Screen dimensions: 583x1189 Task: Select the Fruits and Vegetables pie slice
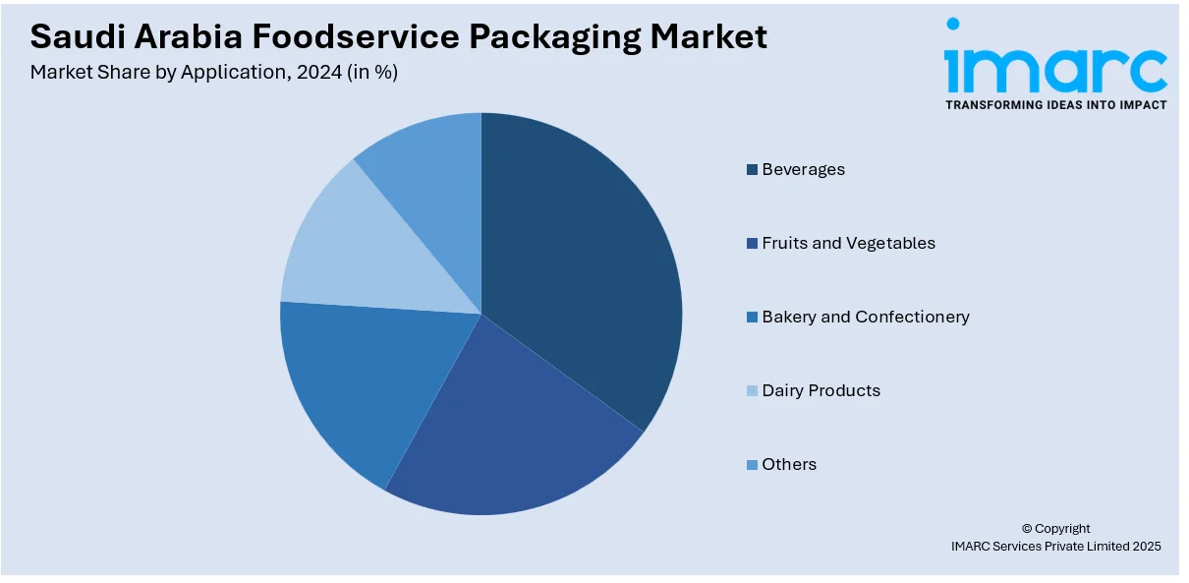[x=511, y=433]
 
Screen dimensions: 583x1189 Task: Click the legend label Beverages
[x=803, y=169]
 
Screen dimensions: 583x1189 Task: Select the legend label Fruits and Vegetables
[x=848, y=243]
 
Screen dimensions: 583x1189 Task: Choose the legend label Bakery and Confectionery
[x=865, y=317]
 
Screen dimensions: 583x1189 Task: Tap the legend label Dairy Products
[x=821, y=390]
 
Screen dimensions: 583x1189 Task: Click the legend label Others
[x=789, y=464]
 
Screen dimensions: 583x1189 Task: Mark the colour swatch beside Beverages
[x=753, y=170]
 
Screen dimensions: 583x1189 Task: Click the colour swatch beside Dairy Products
[x=753, y=391]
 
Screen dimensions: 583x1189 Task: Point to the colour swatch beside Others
[x=753, y=465]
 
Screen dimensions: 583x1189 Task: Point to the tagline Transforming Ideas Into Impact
[x=1055, y=104]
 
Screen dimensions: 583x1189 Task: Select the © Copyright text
[x=1055, y=528]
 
